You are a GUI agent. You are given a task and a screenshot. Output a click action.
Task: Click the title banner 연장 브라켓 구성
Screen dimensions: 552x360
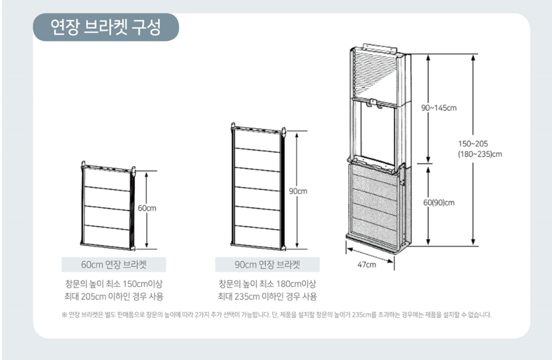tap(106, 27)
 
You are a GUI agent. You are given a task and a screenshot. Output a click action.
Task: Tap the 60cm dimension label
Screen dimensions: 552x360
tap(147, 208)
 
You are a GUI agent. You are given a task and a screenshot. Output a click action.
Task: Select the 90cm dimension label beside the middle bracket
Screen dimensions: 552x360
tap(298, 191)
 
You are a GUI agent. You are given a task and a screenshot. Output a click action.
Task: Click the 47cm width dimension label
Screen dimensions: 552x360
tap(367, 264)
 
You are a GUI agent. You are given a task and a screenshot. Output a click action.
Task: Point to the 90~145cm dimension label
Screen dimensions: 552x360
tap(438, 108)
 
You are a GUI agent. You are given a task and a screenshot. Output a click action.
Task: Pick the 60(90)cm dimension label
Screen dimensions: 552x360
tap(438, 202)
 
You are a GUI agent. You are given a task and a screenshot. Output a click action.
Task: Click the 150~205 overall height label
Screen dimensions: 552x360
tap(473, 144)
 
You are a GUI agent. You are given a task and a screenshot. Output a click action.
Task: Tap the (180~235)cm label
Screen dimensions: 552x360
tap(480, 154)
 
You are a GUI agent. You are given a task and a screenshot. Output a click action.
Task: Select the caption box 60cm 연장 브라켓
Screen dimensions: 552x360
tap(114, 264)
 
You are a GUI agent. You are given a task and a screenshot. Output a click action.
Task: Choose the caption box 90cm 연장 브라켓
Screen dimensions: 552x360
tap(267, 264)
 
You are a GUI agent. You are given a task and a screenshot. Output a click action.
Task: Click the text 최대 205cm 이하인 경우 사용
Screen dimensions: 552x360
tap(114, 296)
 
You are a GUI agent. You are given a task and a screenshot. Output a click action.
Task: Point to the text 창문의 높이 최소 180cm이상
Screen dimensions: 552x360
tap(267, 284)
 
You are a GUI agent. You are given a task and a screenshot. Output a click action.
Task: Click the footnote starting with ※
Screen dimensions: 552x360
tap(277, 314)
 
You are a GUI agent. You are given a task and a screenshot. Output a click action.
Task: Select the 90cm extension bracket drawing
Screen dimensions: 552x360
tap(259, 187)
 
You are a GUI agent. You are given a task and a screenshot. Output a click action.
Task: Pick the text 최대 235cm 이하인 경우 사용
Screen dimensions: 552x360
tap(267, 296)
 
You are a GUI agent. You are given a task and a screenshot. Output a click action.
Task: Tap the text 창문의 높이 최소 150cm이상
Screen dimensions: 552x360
tap(114, 284)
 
